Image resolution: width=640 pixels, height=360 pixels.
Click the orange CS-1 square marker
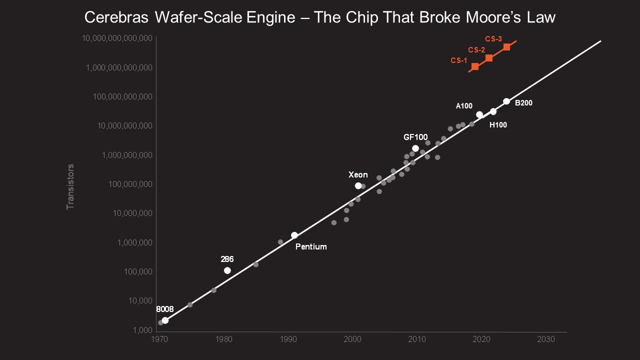(475, 66)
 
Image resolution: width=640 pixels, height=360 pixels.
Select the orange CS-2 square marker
(489, 58)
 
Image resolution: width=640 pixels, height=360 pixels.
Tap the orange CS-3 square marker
(506, 47)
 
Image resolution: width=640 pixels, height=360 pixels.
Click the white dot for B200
(506, 101)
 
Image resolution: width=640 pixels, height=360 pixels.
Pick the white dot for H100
(493, 111)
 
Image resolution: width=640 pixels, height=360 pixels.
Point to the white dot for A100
(479, 114)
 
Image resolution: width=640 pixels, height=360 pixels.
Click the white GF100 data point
(415, 148)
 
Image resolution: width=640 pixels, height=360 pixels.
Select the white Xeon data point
(358, 185)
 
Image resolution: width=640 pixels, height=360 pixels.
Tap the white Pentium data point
(294, 235)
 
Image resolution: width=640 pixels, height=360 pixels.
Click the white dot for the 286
(227, 270)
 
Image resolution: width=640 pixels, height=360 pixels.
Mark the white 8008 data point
(165, 320)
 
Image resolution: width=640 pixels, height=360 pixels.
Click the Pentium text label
(311, 246)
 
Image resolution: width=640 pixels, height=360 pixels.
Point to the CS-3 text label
(493, 39)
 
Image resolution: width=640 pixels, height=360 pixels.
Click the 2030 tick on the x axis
(545, 339)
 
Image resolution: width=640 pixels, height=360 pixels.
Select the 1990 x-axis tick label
(288, 339)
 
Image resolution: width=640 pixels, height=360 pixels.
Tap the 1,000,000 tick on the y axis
(135, 242)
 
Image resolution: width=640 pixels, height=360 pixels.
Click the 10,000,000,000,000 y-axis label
(117, 38)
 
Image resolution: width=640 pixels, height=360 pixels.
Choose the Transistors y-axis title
(70, 187)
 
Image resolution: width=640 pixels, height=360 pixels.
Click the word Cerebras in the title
(116, 17)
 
